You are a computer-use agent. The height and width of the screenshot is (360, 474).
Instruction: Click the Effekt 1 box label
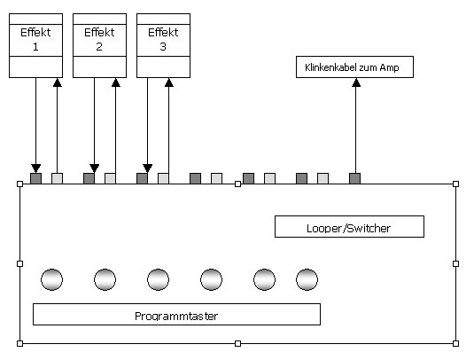click(35, 39)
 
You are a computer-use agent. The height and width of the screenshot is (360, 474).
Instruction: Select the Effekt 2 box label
click(99, 39)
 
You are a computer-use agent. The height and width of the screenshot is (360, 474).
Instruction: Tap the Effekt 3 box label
click(163, 39)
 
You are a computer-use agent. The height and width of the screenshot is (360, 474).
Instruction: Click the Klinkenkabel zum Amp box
click(354, 67)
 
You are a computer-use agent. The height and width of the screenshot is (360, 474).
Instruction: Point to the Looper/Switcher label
click(349, 227)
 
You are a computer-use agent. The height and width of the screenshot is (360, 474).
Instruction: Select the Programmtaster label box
click(176, 314)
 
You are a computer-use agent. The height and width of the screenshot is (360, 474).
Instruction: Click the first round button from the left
click(51, 279)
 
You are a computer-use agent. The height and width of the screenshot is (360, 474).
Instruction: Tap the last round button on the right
click(307, 279)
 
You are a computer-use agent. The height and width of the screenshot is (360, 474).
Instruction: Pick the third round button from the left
click(158, 279)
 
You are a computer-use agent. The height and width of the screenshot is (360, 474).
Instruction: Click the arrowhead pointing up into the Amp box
click(356, 82)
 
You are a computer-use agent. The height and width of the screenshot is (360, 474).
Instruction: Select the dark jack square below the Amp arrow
click(354, 178)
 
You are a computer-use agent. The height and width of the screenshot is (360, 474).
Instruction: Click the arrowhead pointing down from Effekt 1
click(35, 168)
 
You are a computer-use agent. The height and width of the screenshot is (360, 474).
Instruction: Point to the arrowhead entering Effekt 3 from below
click(168, 82)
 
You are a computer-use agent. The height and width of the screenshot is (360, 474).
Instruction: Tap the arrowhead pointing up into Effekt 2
click(115, 82)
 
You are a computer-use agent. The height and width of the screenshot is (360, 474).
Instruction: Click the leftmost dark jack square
click(35, 178)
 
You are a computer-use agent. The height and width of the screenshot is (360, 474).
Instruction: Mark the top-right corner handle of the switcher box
click(456, 184)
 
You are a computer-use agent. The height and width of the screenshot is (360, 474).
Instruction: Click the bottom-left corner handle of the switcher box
click(20, 343)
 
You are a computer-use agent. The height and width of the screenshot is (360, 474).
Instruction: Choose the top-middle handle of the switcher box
click(238, 184)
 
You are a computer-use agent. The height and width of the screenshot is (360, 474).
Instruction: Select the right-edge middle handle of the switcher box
click(456, 264)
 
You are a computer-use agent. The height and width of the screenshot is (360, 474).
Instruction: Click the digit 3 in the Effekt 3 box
click(163, 47)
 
